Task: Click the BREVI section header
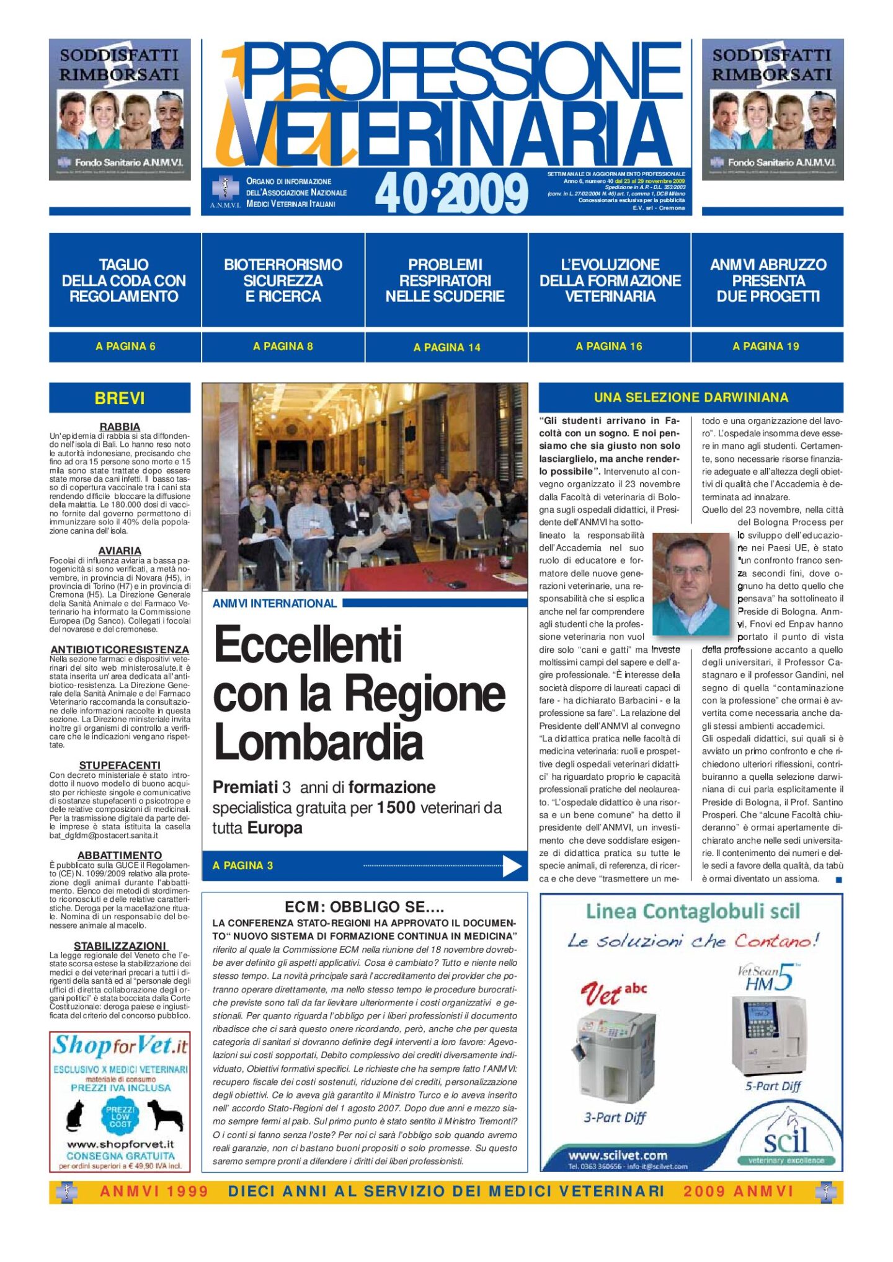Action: (x=120, y=398)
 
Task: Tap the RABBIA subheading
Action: (x=120, y=426)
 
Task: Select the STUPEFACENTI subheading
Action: (x=120, y=766)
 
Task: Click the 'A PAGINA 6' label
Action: (x=125, y=346)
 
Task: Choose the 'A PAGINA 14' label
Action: (x=446, y=347)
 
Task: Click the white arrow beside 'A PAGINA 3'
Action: (x=512, y=866)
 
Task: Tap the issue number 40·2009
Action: (x=451, y=193)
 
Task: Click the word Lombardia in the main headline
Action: (x=318, y=743)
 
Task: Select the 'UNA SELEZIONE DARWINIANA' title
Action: (x=691, y=397)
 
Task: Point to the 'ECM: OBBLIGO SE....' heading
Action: (x=364, y=907)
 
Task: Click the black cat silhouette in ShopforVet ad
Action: (x=75, y=1116)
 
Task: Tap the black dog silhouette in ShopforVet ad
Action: (x=165, y=1116)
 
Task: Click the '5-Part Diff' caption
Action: (x=773, y=1086)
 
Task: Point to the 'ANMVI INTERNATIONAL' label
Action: (x=275, y=603)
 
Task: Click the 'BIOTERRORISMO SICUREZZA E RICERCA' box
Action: (x=283, y=280)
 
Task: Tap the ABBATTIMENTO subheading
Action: (x=120, y=855)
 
